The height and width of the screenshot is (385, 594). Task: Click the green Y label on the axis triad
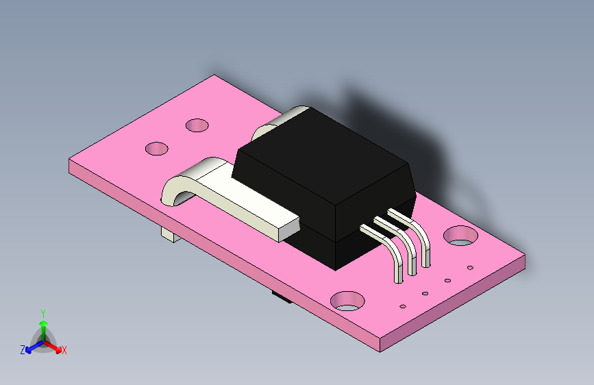pyautogui.click(x=42, y=312)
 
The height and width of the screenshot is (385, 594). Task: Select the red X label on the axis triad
pyautogui.click(x=64, y=350)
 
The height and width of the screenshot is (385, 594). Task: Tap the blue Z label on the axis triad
pyautogui.click(x=23, y=349)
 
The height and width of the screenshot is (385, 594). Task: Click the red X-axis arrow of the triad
pyautogui.click(x=55, y=345)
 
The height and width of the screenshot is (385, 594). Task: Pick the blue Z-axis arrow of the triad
pyautogui.click(x=32, y=346)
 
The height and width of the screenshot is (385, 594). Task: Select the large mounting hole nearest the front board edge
pyautogui.click(x=348, y=300)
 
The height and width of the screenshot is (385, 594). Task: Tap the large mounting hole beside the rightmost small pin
pyautogui.click(x=460, y=236)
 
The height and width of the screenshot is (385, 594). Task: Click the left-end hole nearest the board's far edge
pyautogui.click(x=197, y=125)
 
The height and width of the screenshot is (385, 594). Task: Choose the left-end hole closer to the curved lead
pyautogui.click(x=157, y=148)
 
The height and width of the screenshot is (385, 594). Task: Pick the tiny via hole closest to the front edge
pyautogui.click(x=403, y=306)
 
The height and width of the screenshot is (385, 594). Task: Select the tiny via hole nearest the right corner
pyautogui.click(x=470, y=267)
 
